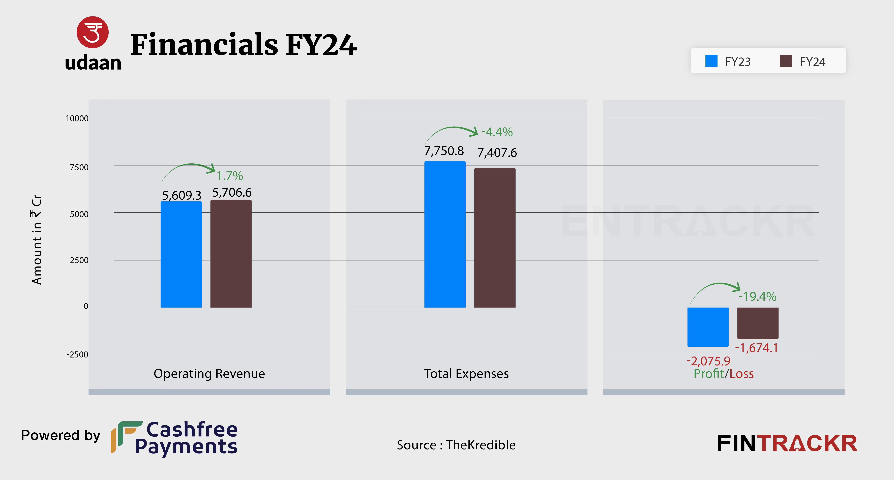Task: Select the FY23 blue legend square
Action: (711, 61)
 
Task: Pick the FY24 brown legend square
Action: (786, 61)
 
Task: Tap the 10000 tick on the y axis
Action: (77, 118)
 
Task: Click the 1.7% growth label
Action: (230, 176)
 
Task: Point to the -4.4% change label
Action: (497, 132)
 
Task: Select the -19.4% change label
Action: (757, 297)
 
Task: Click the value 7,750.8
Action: (444, 151)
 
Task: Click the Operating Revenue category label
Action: (209, 374)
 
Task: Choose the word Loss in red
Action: (742, 374)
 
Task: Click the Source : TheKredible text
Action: (456, 445)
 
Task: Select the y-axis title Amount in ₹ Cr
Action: (37, 239)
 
